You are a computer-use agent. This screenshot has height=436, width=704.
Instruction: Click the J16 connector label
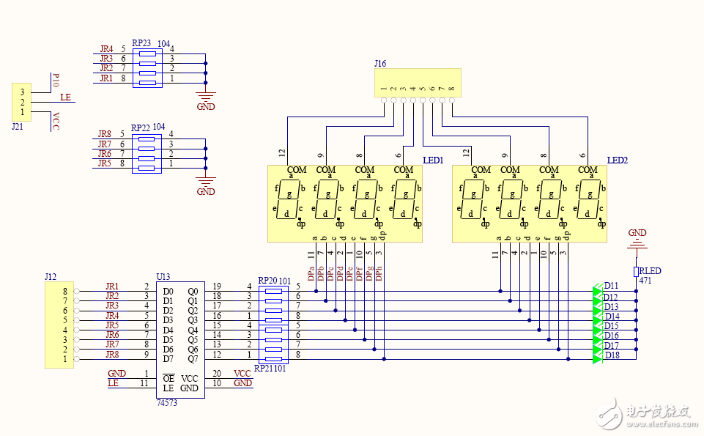pyautogui.click(x=379, y=64)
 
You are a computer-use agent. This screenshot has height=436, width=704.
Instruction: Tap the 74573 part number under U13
pyautogui.click(x=167, y=403)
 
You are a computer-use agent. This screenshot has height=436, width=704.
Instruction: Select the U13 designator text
pyautogui.click(x=163, y=276)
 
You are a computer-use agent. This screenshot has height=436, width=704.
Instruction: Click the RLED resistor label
pyautogui.click(x=650, y=271)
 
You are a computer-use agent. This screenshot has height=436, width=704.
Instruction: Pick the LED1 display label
pyautogui.click(x=433, y=160)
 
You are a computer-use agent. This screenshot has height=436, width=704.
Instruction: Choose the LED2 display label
pyautogui.click(x=618, y=160)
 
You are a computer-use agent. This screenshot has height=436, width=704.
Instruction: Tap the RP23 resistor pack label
pyautogui.click(x=141, y=43)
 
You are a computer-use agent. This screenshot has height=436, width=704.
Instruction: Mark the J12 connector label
pyautogui.click(x=50, y=276)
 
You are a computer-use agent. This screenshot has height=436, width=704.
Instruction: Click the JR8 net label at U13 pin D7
pyautogui.click(x=112, y=355)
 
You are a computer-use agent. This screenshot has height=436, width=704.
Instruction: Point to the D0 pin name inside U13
pyautogui.click(x=168, y=292)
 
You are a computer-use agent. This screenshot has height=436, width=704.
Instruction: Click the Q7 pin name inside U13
pyautogui.click(x=193, y=358)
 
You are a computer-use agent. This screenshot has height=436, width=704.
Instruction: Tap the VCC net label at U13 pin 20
pyautogui.click(x=242, y=374)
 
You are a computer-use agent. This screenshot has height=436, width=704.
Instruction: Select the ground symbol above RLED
pyautogui.click(x=637, y=238)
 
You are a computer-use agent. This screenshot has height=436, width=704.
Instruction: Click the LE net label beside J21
pyautogui.click(x=65, y=97)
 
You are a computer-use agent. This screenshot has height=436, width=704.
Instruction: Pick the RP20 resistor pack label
pyautogui.click(x=267, y=280)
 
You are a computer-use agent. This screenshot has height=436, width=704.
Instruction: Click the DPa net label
pyautogui.click(x=311, y=273)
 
